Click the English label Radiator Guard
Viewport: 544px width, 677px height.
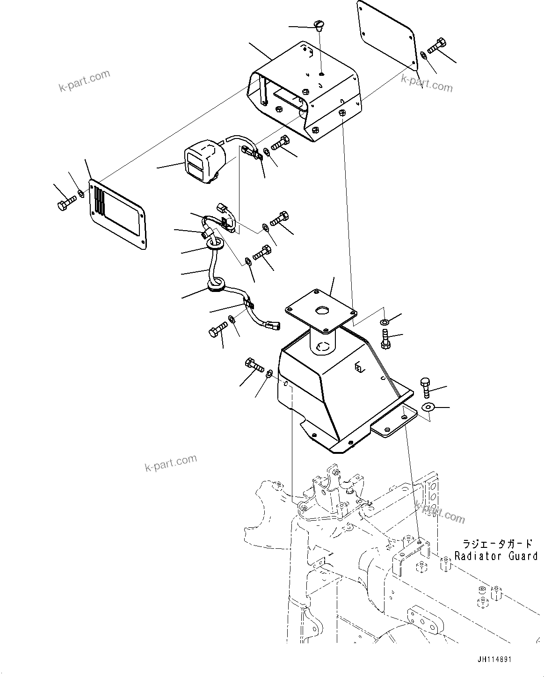(x=495, y=556)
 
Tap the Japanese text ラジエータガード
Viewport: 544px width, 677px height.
(x=497, y=544)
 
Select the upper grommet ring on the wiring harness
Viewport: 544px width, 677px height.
(x=215, y=243)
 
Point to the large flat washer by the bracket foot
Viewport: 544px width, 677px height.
(x=428, y=407)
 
